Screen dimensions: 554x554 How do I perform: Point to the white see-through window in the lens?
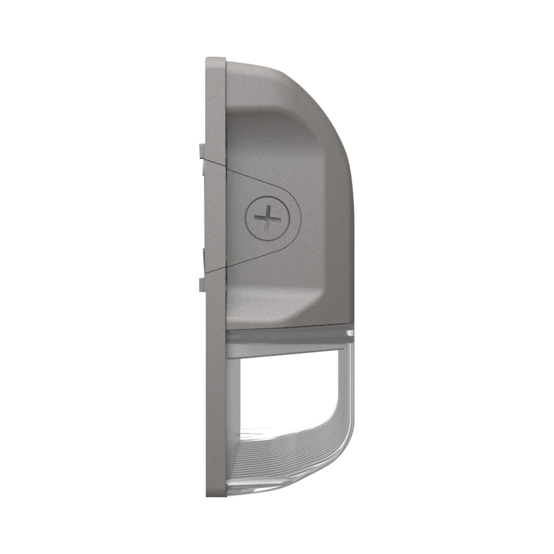(289, 390)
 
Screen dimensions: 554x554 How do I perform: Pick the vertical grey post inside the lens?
(234, 404)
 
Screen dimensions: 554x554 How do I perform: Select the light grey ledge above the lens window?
(289, 349)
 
